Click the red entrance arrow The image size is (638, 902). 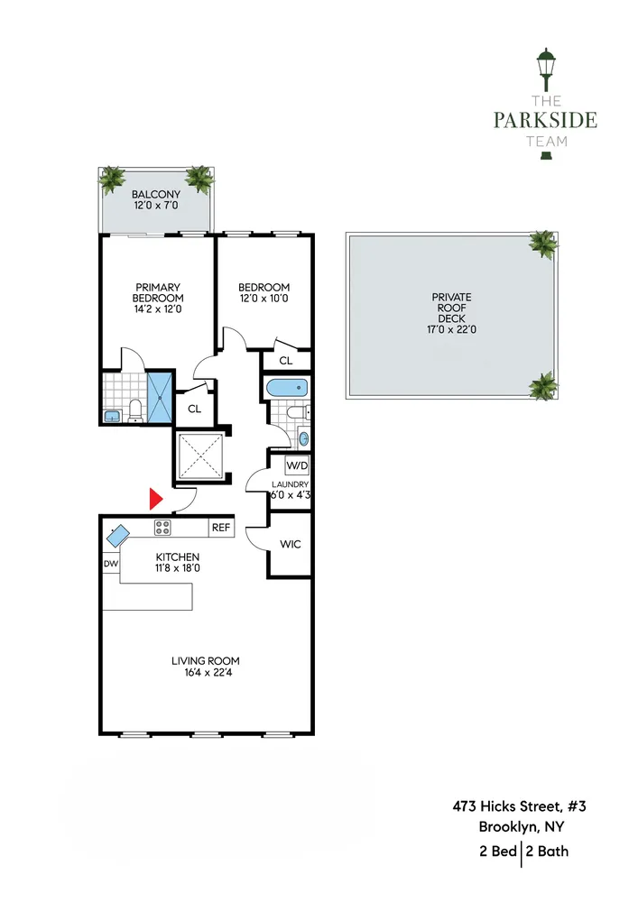coord(155,498)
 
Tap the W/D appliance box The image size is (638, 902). coord(296,466)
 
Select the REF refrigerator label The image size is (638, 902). coord(220,528)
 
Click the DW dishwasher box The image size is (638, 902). coord(111,564)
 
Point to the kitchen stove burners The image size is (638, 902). coord(163,528)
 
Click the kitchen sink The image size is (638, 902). coord(118,536)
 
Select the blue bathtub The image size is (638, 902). coord(287,391)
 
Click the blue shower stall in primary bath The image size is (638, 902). coord(159,397)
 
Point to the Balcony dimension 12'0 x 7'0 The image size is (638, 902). coord(156,207)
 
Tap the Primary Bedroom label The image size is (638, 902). coord(158,293)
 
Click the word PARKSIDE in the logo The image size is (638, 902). coord(545,120)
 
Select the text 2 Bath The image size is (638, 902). coord(548,851)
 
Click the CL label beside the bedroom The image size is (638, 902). coord(285,361)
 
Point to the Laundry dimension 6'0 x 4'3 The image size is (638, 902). coord(290,494)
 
